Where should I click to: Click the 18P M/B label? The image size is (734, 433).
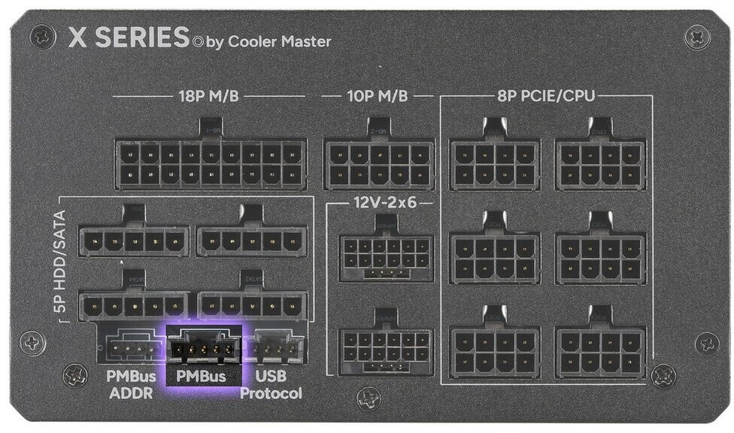click(211, 96)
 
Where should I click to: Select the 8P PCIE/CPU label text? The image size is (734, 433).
click(547, 96)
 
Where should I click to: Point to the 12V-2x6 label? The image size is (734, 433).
click(384, 203)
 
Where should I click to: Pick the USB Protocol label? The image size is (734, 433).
click(271, 385)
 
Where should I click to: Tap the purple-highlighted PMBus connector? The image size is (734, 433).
click(203, 348)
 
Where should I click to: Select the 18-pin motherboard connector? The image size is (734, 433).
click(211, 164)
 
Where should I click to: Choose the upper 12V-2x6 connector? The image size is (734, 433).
click(386, 256)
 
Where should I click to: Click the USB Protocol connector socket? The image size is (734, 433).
click(278, 348)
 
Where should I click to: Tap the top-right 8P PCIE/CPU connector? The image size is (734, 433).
click(600, 164)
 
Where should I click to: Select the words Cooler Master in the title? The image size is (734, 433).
click(279, 41)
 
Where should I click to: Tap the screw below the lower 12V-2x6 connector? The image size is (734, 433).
click(369, 396)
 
